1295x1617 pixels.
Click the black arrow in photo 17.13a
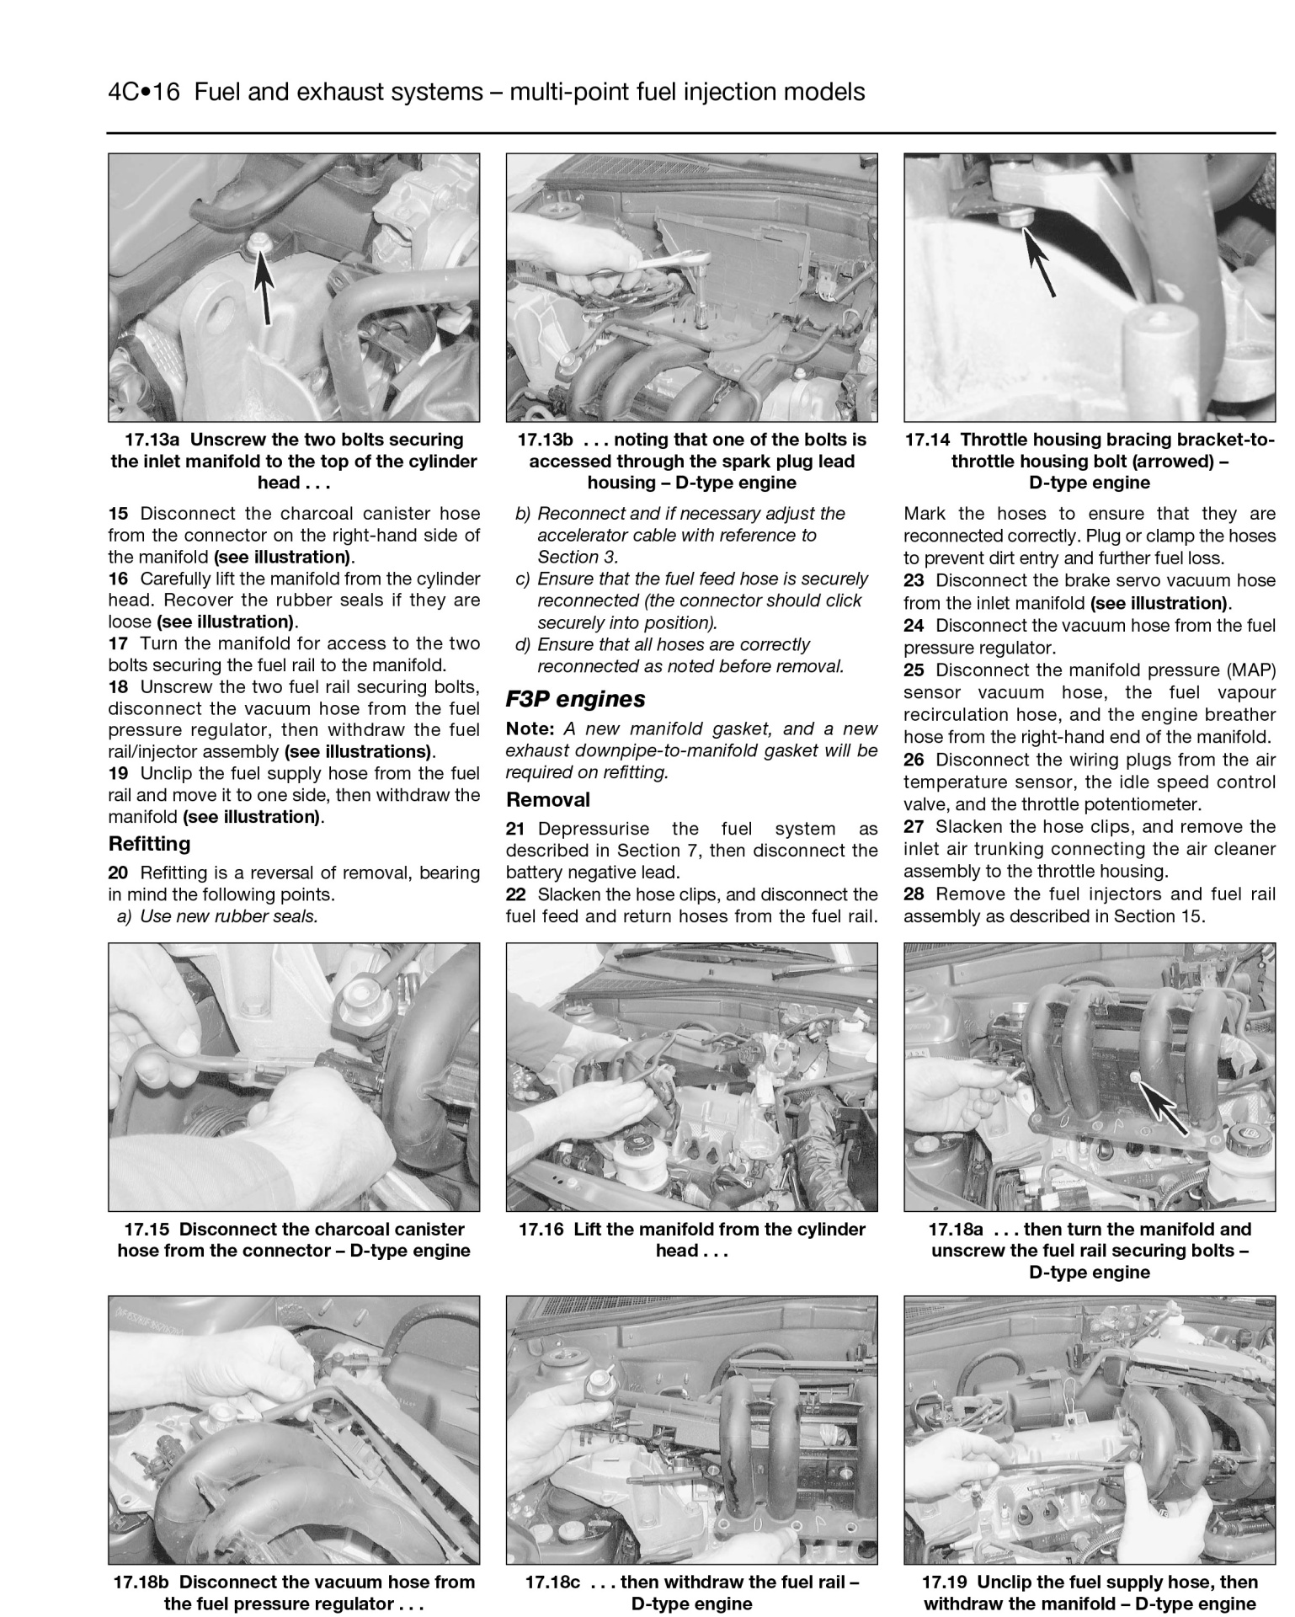[264, 286]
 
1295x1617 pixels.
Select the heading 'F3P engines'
[575, 699]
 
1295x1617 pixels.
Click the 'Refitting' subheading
[149, 844]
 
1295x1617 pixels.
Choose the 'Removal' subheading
[547, 799]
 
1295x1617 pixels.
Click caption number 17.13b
[545, 440]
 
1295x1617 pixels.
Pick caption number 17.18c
[552, 1582]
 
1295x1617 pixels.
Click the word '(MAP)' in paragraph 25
[1250, 670]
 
